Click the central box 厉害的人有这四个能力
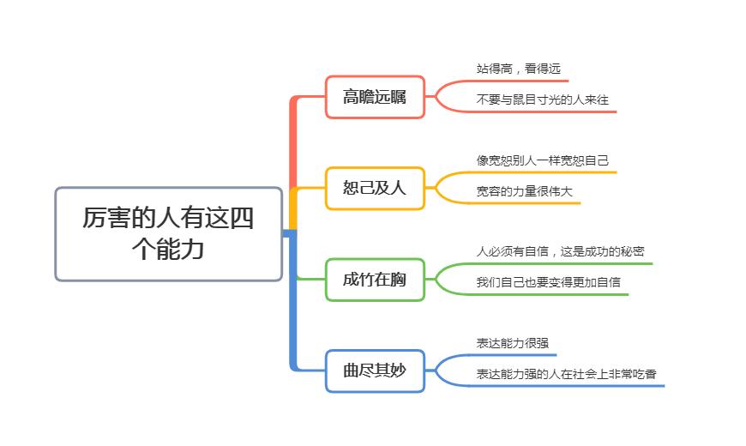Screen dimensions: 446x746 (168, 234)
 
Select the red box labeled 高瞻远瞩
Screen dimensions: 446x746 (375, 97)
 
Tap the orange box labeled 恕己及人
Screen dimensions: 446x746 (375, 188)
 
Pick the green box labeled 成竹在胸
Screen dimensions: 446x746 (375, 280)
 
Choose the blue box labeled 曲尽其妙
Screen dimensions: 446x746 (375, 371)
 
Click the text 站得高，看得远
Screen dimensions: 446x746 (519, 69)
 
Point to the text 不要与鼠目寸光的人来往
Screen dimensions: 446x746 (543, 99)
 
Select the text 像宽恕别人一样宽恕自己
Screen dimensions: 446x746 (543, 160)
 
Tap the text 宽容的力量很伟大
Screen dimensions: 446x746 (525, 190)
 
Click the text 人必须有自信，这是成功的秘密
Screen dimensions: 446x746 (561, 251)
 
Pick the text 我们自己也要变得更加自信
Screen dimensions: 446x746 (549, 282)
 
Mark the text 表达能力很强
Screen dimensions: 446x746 (513, 343)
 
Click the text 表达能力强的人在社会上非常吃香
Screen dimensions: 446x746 (567, 374)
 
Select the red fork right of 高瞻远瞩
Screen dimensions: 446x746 (439, 96)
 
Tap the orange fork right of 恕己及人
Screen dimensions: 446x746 (439, 188)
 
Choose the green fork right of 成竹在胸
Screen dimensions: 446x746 (439, 280)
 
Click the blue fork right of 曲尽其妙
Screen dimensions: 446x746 (439, 371)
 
